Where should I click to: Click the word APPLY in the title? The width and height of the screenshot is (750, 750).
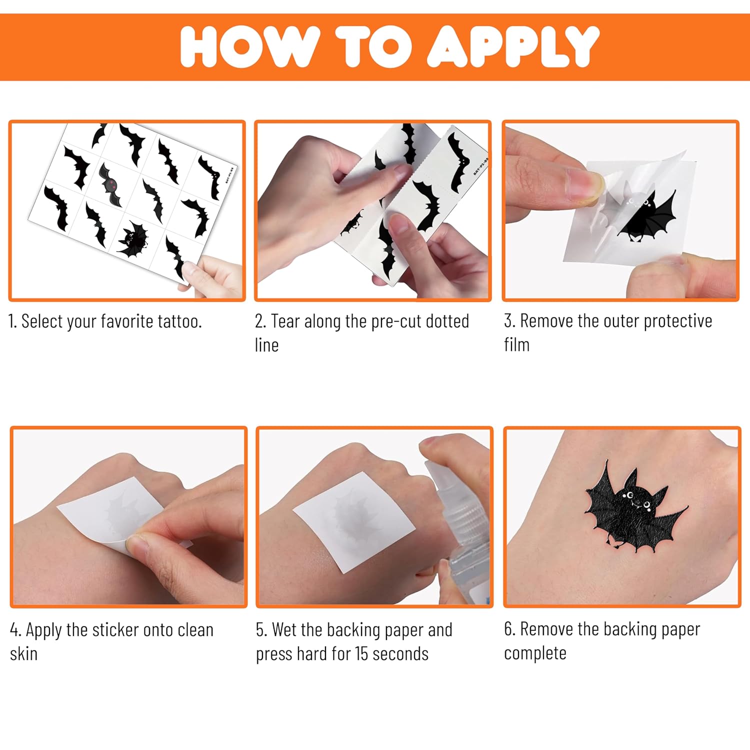(x=513, y=46)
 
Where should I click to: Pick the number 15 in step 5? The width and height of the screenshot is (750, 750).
(x=361, y=653)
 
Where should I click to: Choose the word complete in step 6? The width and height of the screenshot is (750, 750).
(x=535, y=653)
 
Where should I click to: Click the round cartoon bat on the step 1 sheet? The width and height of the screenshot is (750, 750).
(x=132, y=239)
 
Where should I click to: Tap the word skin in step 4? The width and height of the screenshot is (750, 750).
(x=23, y=653)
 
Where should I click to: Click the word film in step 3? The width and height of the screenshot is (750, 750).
(x=516, y=344)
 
